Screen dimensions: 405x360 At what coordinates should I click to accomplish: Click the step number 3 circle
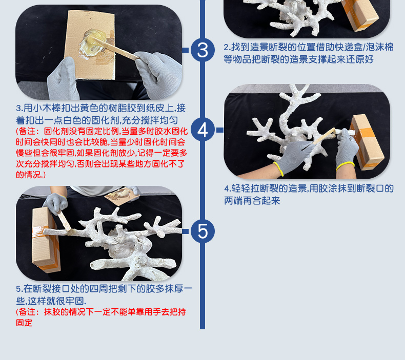[202, 50]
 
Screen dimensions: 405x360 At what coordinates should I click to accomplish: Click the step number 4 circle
[202, 130]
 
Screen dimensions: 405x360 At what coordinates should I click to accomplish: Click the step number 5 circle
[202, 231]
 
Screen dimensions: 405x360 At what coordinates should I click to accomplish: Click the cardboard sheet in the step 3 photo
[90, 45]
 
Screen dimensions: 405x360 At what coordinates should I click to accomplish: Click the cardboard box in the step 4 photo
[367, 142]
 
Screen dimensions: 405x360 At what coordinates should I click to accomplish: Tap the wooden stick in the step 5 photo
[64, 221]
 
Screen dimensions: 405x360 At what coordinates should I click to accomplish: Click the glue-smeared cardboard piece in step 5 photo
[122, 196]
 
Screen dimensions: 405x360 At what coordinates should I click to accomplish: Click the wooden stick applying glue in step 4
[323, 136]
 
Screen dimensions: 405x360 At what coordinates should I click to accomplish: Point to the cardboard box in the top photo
[361, 14]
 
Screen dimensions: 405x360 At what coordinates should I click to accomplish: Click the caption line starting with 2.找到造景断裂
[309, 47]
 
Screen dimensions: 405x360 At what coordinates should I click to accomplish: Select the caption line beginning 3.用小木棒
[100, 108]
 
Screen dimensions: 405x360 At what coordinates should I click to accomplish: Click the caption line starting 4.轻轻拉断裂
[309, 188]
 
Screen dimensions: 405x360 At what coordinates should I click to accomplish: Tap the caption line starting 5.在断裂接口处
[105, 288]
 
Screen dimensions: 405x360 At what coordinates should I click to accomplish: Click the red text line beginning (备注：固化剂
[102, 131]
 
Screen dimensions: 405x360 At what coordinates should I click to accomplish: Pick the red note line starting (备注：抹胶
[101, 312]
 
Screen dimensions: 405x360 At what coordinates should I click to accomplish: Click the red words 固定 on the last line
[24, 323]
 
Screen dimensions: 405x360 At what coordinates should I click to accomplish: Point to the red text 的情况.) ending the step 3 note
[31, 175]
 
